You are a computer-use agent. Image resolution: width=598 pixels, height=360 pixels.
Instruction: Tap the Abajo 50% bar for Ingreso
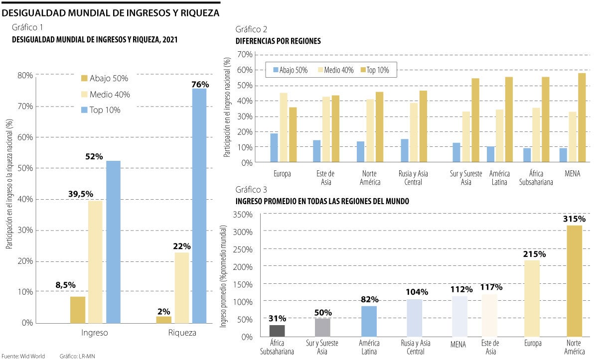(78, 309)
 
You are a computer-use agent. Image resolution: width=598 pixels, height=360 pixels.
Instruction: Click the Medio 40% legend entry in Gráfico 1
(105, 94)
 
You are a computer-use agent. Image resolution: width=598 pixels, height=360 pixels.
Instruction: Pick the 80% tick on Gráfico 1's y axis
(25, 75)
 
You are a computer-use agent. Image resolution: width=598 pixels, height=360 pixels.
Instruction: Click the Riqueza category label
(182, 333)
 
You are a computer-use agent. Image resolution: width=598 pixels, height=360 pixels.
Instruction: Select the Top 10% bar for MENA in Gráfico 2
(582, 118)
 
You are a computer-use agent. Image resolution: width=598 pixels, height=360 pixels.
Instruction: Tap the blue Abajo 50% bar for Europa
(274, 148)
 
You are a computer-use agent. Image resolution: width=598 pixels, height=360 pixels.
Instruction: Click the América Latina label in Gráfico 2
(499, 178)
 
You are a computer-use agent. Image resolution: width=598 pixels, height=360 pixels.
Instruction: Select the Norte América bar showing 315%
(574, 281)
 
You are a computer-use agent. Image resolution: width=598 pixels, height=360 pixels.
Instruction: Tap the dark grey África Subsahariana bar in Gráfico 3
(277, 331)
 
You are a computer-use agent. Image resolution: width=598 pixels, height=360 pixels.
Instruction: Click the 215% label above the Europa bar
(534, 254)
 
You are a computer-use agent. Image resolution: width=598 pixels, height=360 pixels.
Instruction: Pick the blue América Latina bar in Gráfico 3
(369, 321)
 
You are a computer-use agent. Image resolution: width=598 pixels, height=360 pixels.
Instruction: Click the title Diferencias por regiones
(278, 41)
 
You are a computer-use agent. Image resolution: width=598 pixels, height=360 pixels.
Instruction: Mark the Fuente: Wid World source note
(23, 356)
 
